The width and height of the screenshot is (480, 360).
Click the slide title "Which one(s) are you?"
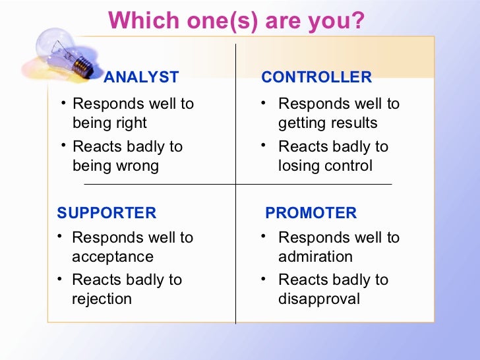tap(236, 21)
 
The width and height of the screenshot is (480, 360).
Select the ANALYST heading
tap(141, 78)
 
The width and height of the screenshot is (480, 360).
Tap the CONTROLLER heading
tap(316, 78)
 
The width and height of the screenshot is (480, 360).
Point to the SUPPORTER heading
tap(107, 213)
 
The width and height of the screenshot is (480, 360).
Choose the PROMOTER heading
tap(311, 213)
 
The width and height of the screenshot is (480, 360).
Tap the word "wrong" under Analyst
tap(136, 165)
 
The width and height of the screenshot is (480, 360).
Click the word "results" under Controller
tap(354, 123)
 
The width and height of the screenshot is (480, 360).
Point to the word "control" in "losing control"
tap(349, 165)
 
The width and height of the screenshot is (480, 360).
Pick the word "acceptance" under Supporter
tap(112, 256)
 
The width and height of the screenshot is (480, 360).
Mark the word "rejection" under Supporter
tap(102, 299)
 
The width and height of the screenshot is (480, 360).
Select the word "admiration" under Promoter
tap(315, 256)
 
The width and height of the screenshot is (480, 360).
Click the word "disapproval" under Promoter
tap(319, 299)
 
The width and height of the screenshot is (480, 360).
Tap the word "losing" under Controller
tap(299, 165)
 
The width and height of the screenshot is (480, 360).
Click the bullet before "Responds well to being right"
tap(62, 103)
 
